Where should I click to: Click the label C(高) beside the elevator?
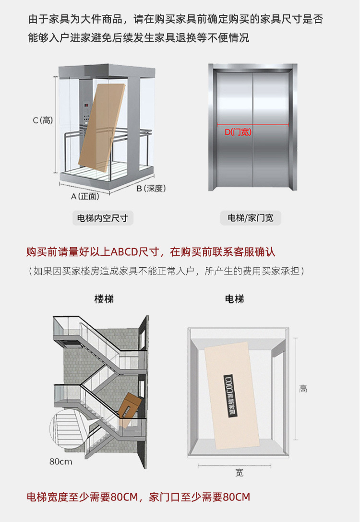[42, 120]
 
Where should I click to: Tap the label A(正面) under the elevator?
[85, 196]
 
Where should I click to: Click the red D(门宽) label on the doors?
[238, 132]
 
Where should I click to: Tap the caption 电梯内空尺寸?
[103, 218]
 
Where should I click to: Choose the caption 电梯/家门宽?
[250, 218]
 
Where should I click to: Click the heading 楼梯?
[104, 299]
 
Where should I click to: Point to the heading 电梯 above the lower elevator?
[234, 299]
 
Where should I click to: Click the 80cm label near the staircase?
[61, 462]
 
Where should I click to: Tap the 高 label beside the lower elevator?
[303, 389]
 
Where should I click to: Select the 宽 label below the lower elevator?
[239, 473]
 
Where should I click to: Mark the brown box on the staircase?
[130, 406]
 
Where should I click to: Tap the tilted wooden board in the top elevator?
[101, 125]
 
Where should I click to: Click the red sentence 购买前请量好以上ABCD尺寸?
[151, 252]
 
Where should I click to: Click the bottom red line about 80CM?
[138, 497]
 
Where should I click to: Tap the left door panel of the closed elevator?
[234, 130]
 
